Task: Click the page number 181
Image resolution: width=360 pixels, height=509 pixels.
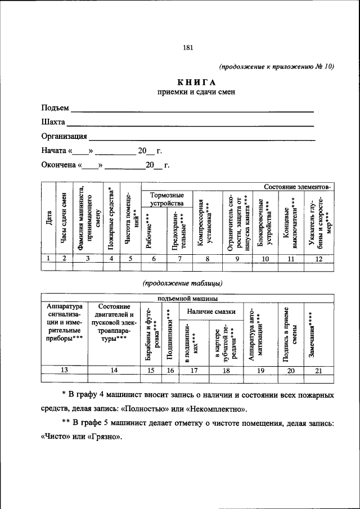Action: click(188, 48)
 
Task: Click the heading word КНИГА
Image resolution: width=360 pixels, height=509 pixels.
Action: click(196, 82)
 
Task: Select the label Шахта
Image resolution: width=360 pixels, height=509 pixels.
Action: click(53, 122)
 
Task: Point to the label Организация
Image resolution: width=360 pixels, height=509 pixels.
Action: click(64, 136)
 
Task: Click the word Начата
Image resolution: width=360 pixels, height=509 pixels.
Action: click(54, 151)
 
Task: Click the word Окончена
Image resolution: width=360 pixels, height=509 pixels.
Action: click(58, 165)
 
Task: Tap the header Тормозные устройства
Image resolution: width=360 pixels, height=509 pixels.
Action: click(166, 199)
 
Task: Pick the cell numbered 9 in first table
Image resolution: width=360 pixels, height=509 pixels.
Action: click(237, 258)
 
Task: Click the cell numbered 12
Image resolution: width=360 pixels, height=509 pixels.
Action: click(319, 258)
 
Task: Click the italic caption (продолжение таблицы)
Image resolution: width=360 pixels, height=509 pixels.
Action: click(182, 283)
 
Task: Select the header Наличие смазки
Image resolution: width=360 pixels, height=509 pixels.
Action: click(211, 311)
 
